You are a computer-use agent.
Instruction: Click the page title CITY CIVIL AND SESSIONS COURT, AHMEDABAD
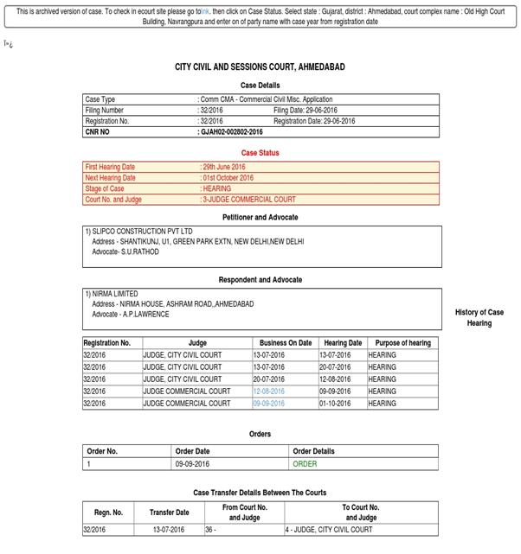pyautogui.click(x=260, y=67)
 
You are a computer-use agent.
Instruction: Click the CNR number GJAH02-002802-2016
pyautogui.click(x=231, y=132)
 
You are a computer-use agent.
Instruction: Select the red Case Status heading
pyautogui.click(x=260, y=153)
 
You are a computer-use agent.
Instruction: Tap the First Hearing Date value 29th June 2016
pyautogui.click(x=223, y=166)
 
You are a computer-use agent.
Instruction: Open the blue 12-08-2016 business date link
pyautogui.click(x=270, y=392)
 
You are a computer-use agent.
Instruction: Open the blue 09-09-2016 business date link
pyautogui.click(x=270, y=403)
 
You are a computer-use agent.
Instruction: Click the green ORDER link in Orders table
pyautogui.click(x=305, y=464)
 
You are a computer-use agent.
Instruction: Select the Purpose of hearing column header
pyautogui.click(x=402, y=343)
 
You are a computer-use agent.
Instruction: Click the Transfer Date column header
pyautogui.click(x=169, y=512)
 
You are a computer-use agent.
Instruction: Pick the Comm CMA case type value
pyautogui.click(x=266, y=99)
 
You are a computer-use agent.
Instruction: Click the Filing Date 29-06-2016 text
pyautogui.click(x=314, y=111)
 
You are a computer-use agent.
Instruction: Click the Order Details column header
pyautogui.click(x=313, y=451)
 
